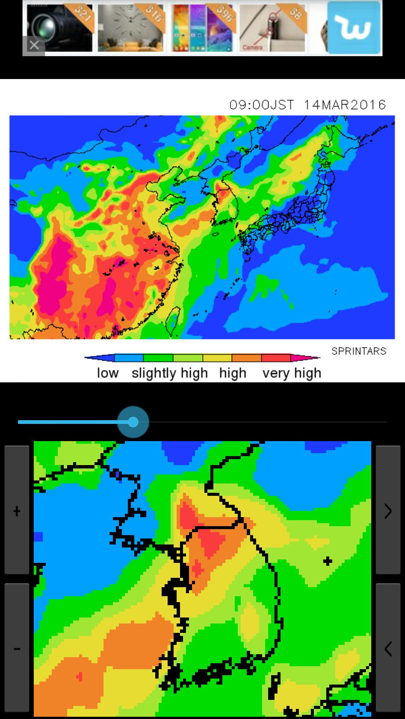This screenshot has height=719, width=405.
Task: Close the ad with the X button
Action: pyautogui.click(x=34, y=46)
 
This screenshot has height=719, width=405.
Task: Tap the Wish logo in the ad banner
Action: pyautogui.click(x=354, y=28)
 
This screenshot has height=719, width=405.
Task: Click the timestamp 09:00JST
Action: pyautogui.click(x=262, y=105)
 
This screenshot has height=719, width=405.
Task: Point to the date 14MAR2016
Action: pyautogui.click(x=345, y=105)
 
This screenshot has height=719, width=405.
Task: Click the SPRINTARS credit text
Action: pyautogui.click(x=358, y=351)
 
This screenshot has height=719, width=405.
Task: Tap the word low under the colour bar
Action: pyautogui.click(x=108, y=373)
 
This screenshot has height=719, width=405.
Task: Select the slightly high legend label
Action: pyautogui.click(x=169, y=373)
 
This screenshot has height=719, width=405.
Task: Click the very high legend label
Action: pyautogui.click(x=292, y=373)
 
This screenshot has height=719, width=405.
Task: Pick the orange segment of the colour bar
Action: pyautogui.click(x=246, y=358)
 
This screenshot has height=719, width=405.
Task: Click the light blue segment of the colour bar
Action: pyautogui.click(x=129, y=358)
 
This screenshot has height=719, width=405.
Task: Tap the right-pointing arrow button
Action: pyautogui.click(x=388, y=511)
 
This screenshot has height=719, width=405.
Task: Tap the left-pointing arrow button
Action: pyautogui.click(x=388, y=649)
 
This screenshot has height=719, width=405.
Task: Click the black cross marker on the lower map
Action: pyautogui.click(x=328, y=561)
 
